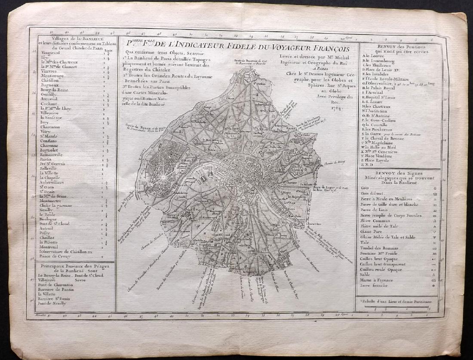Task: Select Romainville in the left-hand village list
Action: click(x=52, y=154)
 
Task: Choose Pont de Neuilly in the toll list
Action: click(x=52, y=303)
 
